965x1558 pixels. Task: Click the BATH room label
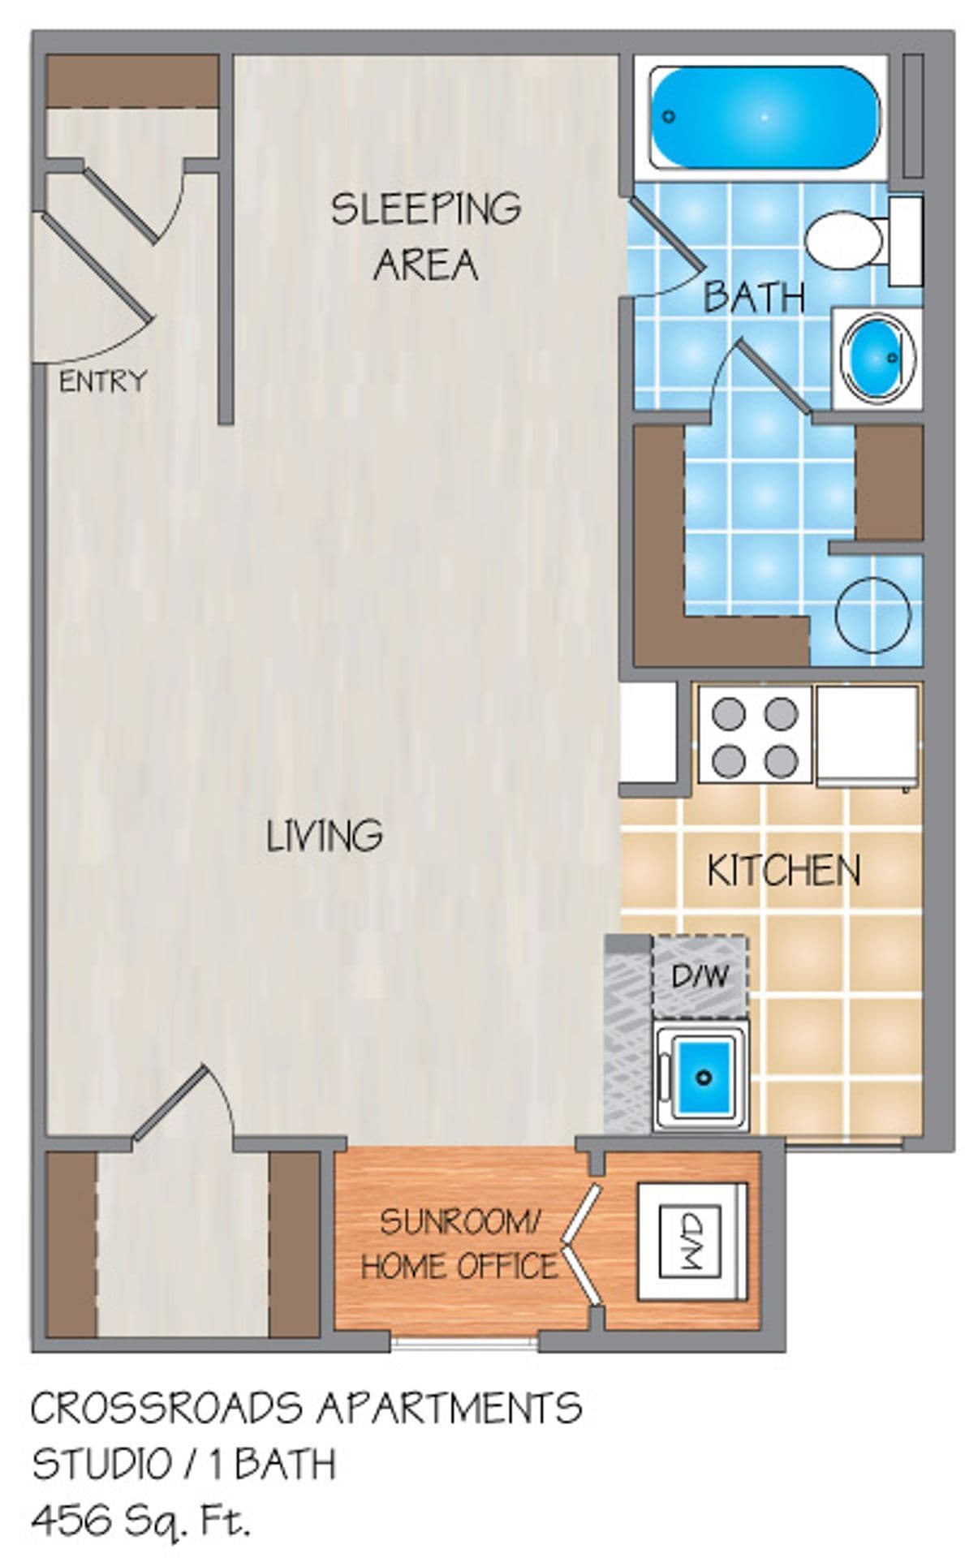[x=753, y=297]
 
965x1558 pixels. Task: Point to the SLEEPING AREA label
[x=425, y=235]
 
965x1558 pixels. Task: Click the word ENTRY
[x=103, y=381]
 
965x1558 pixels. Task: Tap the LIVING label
[x=324, y=835]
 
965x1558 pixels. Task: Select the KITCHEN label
[x=783, y=870]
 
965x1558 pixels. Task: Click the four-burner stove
[x=754, y=735]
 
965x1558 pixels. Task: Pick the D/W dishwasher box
[x=700, y=976]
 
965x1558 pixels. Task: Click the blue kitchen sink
[x=704, y=1075]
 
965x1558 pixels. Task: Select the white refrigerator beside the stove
[x=867, y=735]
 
